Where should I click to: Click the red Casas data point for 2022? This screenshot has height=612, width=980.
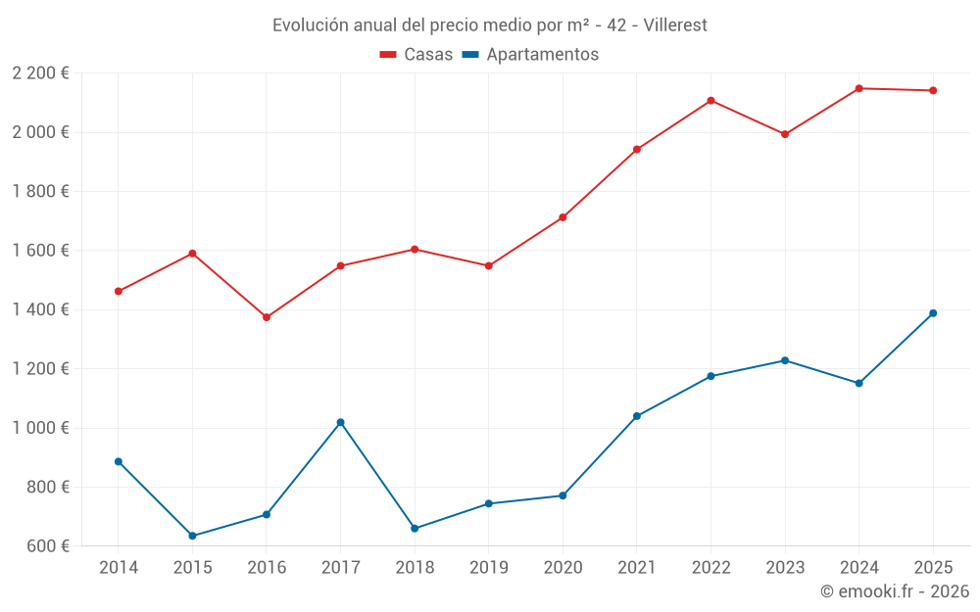[x=710, y=101]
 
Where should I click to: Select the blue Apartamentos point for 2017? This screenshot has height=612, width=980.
[x=340, y=422]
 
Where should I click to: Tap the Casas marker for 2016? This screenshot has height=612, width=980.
[x=267, y=317]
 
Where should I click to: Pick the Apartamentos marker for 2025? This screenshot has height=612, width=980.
[x=933, y=313]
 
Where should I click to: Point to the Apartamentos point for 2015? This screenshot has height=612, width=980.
[x=192, y=536]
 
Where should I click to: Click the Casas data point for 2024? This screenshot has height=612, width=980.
[x=858, y=88]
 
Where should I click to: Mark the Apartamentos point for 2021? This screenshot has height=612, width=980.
[x=637, y=416]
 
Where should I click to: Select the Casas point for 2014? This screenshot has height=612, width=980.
[x=119, y=291]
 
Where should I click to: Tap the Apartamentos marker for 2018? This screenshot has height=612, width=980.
[x=415, y=529]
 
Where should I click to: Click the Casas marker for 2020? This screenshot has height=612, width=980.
[x=563, y=217]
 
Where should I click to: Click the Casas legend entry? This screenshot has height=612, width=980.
[x=416, y=55]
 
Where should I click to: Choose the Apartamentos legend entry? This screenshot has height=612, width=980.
[x=530, y=55]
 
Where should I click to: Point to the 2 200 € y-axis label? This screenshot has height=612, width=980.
[x=40, y=73]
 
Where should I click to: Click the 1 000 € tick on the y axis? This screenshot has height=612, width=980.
[x=40, y=428]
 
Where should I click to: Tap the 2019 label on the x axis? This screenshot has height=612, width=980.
[x=488, y=568]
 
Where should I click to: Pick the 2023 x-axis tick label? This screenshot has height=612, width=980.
[x=784, y=568]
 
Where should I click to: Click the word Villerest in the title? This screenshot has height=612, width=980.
[x=675, y=25]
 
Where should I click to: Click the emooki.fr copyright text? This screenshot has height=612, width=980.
[x=894, y=591]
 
